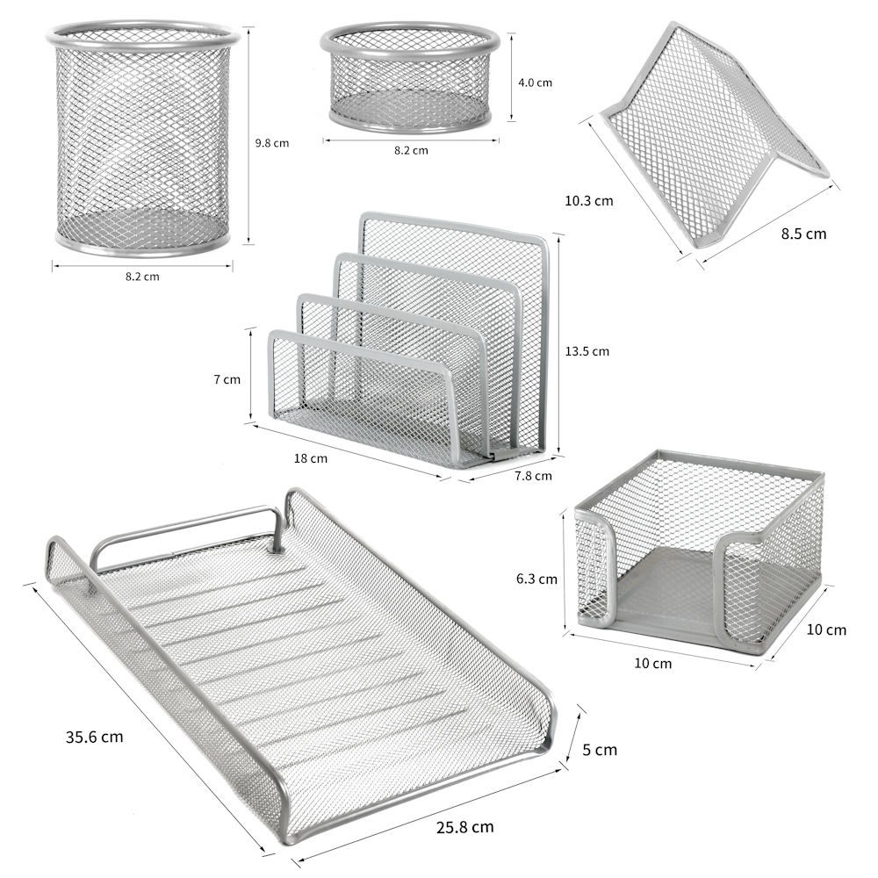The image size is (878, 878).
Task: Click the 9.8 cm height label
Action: tap(272, 143)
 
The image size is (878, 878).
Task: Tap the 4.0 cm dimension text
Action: tap(535, 83)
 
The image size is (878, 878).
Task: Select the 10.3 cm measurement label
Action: tap(588, 200)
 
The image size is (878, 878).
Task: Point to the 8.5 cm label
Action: tap(803, 234)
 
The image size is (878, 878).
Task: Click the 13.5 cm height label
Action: tap(587, 351)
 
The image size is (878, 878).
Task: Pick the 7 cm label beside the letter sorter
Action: tap(227, 379)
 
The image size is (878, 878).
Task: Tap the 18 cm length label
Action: tap(311, 458)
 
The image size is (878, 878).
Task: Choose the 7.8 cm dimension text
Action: tap(533, 475)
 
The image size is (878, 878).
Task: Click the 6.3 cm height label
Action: tap(536, 579)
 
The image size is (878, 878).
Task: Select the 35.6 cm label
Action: tap(94, 737)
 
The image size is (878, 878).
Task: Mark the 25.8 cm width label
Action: tap(464, 826)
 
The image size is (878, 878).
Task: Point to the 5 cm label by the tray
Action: tap(599, 749)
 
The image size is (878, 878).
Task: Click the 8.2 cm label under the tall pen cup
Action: tap(142, 276)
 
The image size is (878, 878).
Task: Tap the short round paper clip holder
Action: tap(410, 76)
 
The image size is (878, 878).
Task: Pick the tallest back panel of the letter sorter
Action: tap(454, 330)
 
